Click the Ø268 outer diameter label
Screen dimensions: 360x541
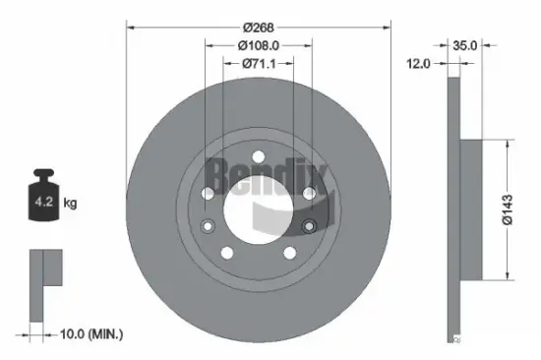point(260,28)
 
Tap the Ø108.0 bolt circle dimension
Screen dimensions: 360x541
point(259,44)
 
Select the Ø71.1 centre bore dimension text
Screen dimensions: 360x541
point(259,63)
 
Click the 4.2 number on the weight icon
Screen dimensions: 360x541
point(44,205)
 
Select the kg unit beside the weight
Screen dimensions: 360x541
point(69,205)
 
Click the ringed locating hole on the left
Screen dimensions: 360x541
point(208,227)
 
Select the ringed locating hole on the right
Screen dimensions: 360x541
point(309,227)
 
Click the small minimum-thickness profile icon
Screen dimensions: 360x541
point(43,284)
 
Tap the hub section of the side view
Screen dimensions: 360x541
point(470,208)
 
